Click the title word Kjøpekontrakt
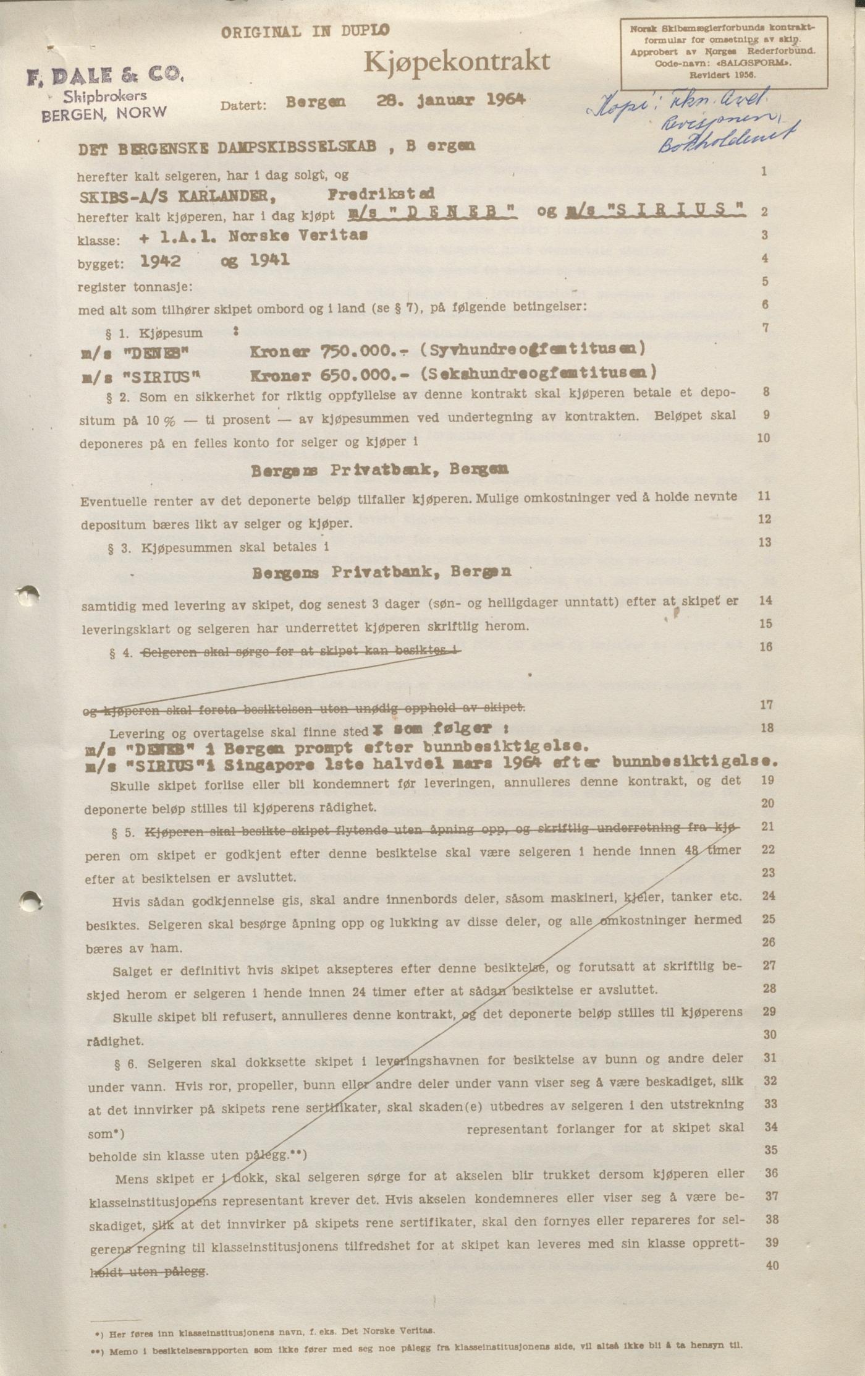(x=456, y=62)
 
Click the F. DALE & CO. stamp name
(x=104, y=76)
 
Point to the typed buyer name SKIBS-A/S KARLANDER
(x=177, y=196)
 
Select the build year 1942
(x=161, y=261)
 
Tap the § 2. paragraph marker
(x=117, y=398)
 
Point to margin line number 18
(x=767, y=728)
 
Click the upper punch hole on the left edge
(x=28, y=596)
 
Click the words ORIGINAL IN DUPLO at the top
(x=305, y=32)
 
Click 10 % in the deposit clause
(x=161, y=421)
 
